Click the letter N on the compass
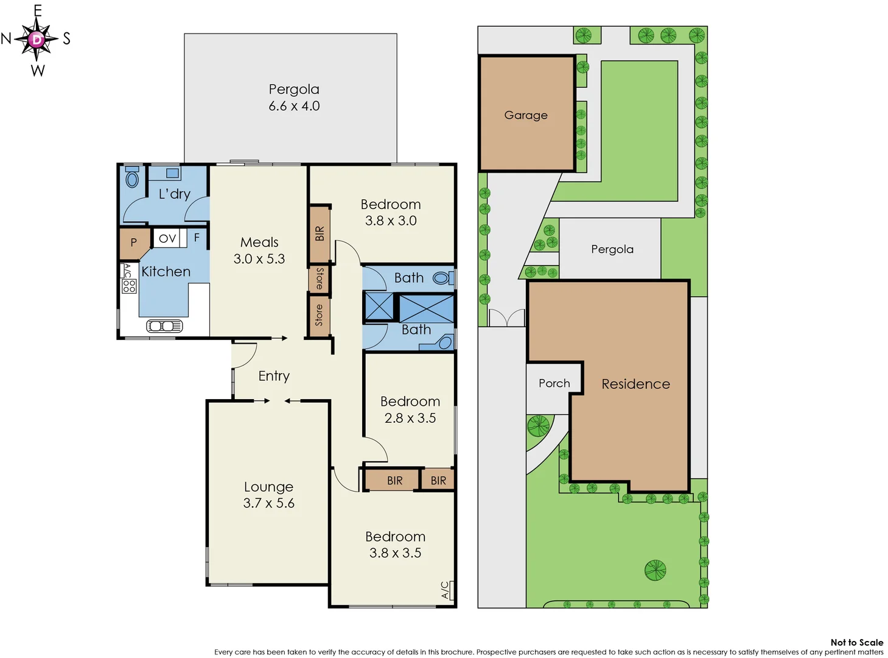[x=6, y=39]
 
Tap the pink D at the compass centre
[x=37, y=40]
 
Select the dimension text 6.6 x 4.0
[x=294, y=106]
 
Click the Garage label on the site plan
[x=526, y=115]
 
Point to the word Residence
[x=635, y=384]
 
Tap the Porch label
[x=554, y=383]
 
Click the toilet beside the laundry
[x=132, y=179]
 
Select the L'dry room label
[x=174, y=194]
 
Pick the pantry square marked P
[x=134, y=242]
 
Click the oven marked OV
[x=167, y=238]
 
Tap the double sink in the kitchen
[x=164, y=326]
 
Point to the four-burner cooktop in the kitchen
[x=129, y=286]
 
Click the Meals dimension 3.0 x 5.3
[x=259, y=259]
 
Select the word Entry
[x=274, y=376]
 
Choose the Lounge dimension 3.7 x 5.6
[x=268, y=503]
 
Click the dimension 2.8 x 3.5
[x=410, y=418]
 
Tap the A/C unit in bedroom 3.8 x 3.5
[x=446, y=590]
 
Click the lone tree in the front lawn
[x=655, y=570]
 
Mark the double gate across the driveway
[x=506, y=318]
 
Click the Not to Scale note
[x=856, y=642]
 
